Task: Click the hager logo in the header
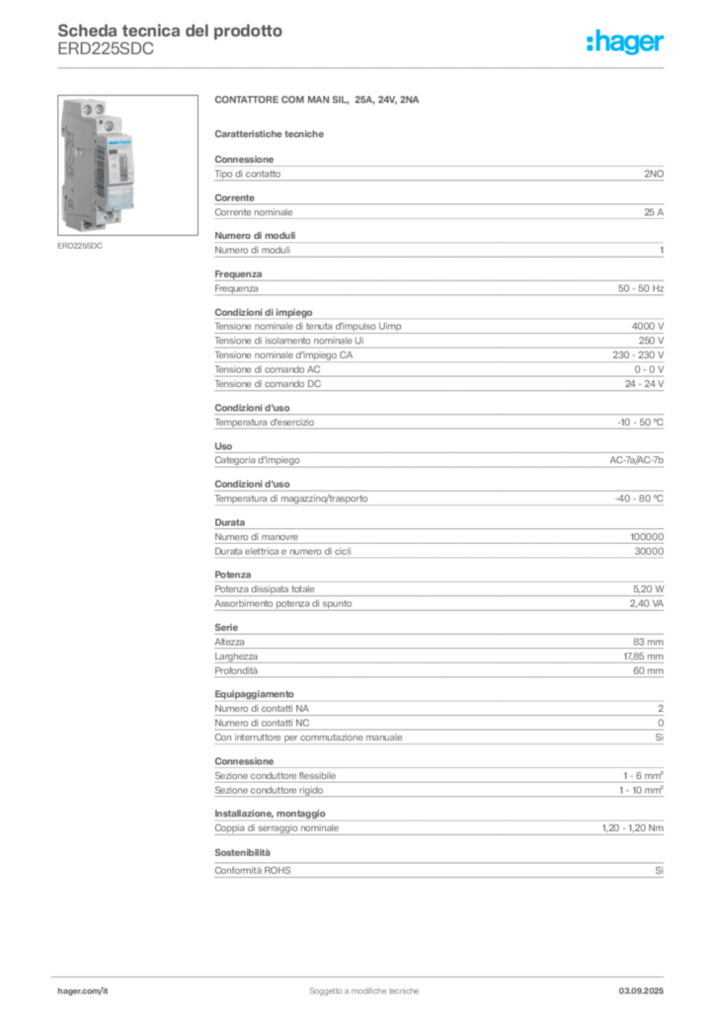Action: (x=624, y=42)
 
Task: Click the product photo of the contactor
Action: (x=127, y=165)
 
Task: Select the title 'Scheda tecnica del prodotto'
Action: (x=170, y=31)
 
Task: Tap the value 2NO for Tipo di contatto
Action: (x=653, y=174)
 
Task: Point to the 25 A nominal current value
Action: (x=653, y=212)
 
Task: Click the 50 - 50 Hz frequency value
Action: (x=640, y=288)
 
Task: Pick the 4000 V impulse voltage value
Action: (x=647, y=326)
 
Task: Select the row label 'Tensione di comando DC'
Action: (x=268, y=384)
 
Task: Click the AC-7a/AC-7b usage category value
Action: (x=636, y=460)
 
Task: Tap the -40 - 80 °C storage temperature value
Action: (x=639, y=499)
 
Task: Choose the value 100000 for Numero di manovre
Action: (x=647, y=536)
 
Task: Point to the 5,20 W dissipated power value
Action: (x=648, y=588)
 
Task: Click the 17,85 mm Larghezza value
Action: (x=643, y=657)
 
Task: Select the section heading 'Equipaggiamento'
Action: (x=254, y=694)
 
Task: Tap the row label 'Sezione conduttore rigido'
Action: (x=269, y=790)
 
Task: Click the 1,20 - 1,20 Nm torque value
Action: (x=632, y=828)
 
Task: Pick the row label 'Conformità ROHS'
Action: (x=253, y=871)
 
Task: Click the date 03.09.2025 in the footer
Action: (x=641, y=991)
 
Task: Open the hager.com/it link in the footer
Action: (x=83, y=991)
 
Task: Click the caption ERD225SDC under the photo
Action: (x=80, y=246)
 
